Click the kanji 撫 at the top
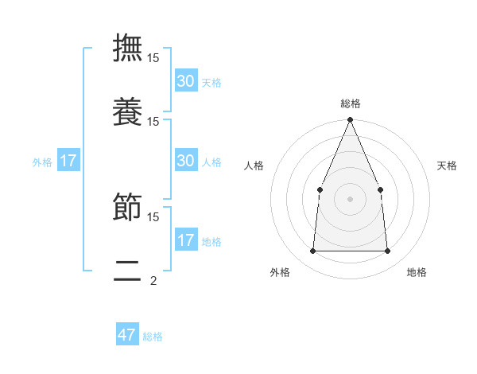[127, 49]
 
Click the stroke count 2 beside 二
[153, 280]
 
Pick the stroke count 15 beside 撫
[153, 58]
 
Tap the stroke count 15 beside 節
[153, 216]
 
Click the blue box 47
[127, 335]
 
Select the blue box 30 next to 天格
[186, 81]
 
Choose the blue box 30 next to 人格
[186, 161]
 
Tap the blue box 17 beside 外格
[68, 161]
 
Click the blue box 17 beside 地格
[186, 240]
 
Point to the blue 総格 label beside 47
[153, 337]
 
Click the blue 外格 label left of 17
[42, 162]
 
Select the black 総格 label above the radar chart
[350, 103]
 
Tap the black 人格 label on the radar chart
[254, 166]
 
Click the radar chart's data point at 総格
[350, 120]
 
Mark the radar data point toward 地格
[387, 251]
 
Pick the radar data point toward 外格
[312, 251]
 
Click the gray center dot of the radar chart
[350, 199]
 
